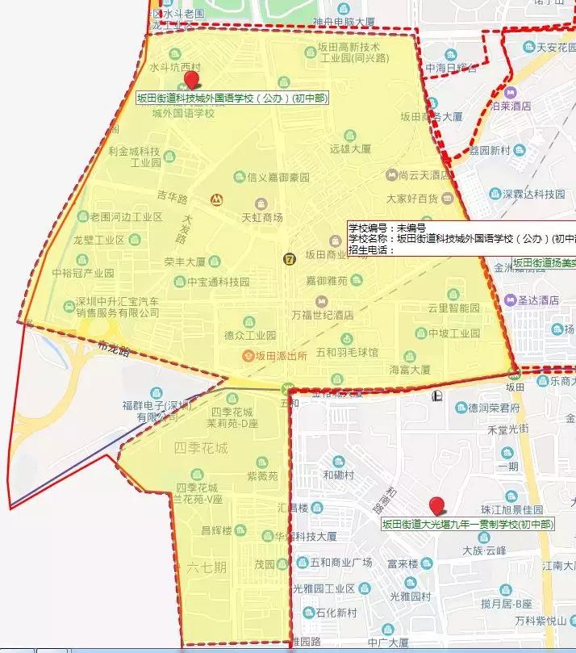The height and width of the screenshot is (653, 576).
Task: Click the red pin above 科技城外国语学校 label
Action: pyautogui.click(x=191, y=79)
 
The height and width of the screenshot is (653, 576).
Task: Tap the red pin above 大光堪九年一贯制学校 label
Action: pyautogui.click(x=438, y=506)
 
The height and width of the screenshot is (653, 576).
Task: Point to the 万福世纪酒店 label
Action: pyautogui.click(x=323, y=315)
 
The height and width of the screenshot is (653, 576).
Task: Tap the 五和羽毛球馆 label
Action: pyautogui.click(x=347, y=353)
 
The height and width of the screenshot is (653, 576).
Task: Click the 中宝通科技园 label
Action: pyautogui.click(x=218, y=283)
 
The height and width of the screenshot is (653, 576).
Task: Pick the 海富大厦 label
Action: pyautogui.click(x=410, y=370)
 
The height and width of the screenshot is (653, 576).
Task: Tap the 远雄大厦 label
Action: pyautogui.click(x=350, y=149)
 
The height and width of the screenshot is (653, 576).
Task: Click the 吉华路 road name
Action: pyautogui.click(x=172, y=196)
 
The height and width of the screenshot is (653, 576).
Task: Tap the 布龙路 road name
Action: pyautogui.click(x=112, y=345)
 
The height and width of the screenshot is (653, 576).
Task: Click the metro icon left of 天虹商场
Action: pyautogui.click(x=216, y=199)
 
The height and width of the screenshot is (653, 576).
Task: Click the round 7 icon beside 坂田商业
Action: pyautogui.click(x=290, y=258)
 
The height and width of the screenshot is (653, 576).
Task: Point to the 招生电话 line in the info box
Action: pyautogui.click(x=371, y=249)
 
